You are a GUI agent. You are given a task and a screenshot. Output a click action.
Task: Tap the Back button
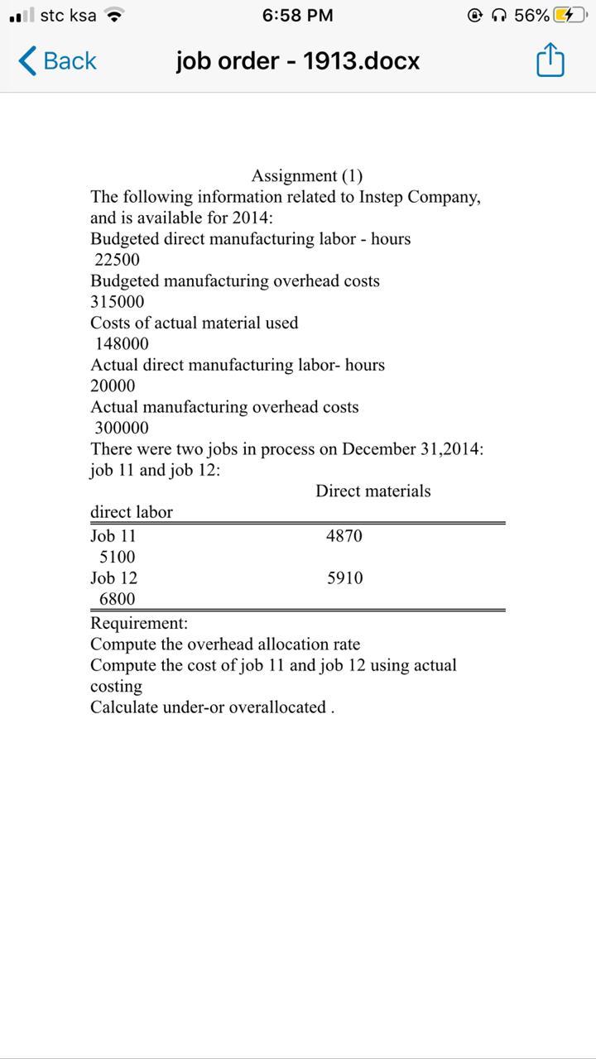(56, 61)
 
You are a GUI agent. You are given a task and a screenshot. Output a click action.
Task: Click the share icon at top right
(550, 61)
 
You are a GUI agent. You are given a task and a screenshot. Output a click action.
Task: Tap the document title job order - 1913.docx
(297, 61)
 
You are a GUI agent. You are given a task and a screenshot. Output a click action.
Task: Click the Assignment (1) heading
(306, 175)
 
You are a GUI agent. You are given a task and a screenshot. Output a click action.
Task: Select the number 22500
(117, 260)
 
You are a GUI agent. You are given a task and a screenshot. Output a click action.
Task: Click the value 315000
(117, 302)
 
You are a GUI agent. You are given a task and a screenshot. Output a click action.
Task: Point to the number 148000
(122, 344)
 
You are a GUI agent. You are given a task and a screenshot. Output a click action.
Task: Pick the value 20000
(113, 386)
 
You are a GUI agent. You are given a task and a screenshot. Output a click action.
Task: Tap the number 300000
(122, 429)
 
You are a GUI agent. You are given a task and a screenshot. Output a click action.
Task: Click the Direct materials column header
(372, 491)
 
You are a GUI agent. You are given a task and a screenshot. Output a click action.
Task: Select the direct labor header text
(132, 512)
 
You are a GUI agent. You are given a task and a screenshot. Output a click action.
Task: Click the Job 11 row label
(113, 536)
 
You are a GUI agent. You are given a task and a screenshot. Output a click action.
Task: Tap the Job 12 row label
(113, 578)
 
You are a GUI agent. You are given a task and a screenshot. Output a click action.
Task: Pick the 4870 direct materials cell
(344, 536)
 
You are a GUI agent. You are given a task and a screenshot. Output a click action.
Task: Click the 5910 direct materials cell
(344, 578)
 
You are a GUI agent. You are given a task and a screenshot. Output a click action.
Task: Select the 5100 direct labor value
(117, 558)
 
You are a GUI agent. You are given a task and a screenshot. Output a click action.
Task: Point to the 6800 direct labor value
(117, 599)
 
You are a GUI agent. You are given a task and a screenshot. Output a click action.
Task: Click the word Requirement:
(139, 623)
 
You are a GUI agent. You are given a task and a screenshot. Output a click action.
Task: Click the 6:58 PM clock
(297, 16)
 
